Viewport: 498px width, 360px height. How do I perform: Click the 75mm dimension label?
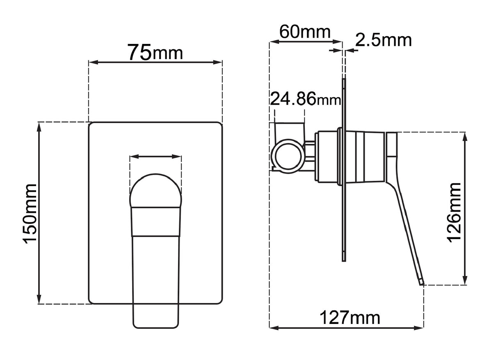coord(155,52)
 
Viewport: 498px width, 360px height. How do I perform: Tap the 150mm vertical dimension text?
coord(31,214)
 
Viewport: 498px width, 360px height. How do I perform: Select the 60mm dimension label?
coord(304,31)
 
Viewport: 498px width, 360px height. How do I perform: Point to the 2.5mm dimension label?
coord(383,40)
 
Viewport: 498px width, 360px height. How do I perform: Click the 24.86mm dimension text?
coord(305,99)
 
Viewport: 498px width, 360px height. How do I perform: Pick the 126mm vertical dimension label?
coord(455,212)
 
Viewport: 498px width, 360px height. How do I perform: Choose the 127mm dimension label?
coord(350,317)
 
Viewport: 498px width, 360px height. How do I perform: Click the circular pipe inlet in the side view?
coord(288,156)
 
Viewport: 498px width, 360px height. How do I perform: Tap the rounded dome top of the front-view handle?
coord(155,191)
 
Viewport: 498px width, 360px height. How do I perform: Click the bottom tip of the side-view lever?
coord(421,282)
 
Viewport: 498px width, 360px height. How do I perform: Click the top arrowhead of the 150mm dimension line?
coord(39,127)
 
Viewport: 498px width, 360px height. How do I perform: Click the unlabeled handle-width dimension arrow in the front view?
coord(155,156)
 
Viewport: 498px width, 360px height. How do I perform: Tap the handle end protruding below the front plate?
coord(155,316)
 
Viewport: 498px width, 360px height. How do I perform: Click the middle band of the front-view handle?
coord(155,222)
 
